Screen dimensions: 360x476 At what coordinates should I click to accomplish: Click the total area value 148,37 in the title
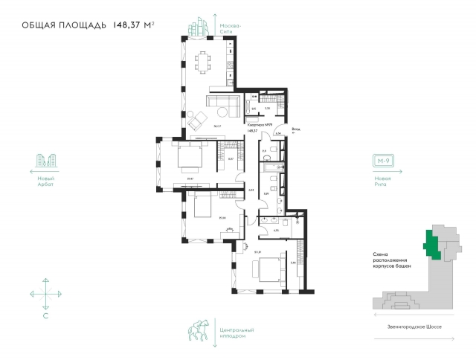[128, 25]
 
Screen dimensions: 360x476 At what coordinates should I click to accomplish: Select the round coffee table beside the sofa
[222, 112]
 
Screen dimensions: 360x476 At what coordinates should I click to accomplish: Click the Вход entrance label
[297, 129]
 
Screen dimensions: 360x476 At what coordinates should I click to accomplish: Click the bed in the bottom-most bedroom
[267, 269]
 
